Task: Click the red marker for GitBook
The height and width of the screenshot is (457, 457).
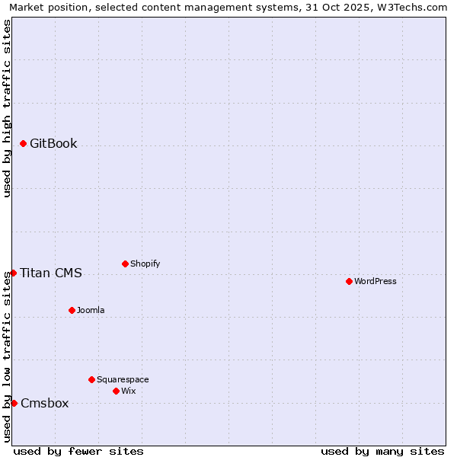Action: [x=23, y=143]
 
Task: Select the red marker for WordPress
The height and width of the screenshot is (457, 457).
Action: [x=349, y=281]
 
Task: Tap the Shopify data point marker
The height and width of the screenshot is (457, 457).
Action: [x=125, y=264]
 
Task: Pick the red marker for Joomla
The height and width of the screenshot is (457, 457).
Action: [x=72, y=310]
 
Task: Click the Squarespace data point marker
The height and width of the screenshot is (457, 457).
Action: [x=91, y=379]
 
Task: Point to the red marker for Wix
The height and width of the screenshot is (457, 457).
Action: [x=116, y=391]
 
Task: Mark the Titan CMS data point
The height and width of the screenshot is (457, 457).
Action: [x=13, y=273]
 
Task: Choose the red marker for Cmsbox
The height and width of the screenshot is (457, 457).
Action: [x=14, y=403]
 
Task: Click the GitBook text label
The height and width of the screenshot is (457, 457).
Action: [x=53, y=144]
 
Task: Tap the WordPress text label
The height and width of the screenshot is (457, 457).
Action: [x=376, y=281]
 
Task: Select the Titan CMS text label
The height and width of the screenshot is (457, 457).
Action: [x=51, y=273]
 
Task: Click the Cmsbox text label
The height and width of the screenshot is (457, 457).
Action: [x=45, y=404]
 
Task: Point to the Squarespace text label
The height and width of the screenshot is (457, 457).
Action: [x=123, y=379]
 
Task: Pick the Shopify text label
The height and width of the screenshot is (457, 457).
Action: [x=145, y=264]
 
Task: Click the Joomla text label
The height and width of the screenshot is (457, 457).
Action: [x=91, y=310]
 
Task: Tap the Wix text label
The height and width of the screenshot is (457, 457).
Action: [x=128, y=391]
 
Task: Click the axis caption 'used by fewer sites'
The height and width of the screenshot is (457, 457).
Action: [x=78, y=451]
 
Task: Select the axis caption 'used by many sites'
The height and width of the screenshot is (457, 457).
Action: [x=382, y=451]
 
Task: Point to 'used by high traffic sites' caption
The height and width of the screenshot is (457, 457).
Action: [x=7, y=108]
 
